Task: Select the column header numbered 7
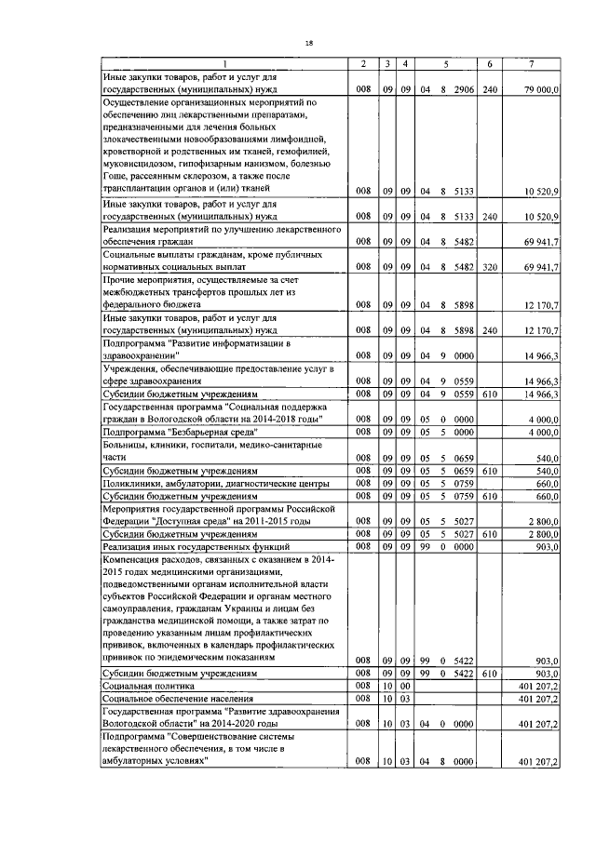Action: [531, 63]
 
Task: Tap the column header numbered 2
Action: [363, 63]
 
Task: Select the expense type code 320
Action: [492, 266]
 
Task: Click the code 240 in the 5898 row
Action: [492, 330]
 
